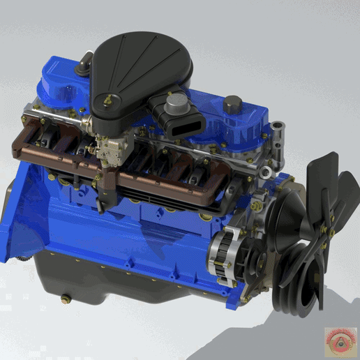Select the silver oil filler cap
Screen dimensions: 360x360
(x=176, y=104)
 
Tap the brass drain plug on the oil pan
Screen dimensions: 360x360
(x=66, y=300)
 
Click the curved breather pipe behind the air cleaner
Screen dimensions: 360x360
(x=84, y=62)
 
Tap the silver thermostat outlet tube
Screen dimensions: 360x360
(x=278, y=133)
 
